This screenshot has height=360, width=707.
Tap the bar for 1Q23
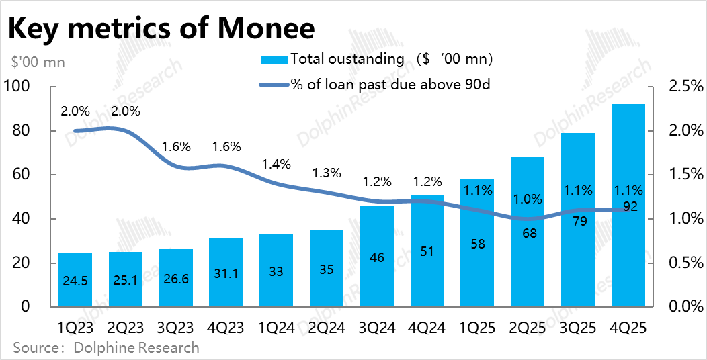point(75,280)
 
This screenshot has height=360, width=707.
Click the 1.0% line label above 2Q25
point(528,199)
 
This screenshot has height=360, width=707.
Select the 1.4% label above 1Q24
point(276,164)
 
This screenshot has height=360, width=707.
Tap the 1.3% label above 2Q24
point(327,173)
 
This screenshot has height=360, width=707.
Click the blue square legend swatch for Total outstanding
point(274,59)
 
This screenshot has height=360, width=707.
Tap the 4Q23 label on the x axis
point(226,328)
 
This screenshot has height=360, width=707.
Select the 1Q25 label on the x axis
point(477,328)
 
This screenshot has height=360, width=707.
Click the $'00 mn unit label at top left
point(38,62)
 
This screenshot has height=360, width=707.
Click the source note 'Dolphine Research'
point(106,348)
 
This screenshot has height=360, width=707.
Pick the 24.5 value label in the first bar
point(75,280)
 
